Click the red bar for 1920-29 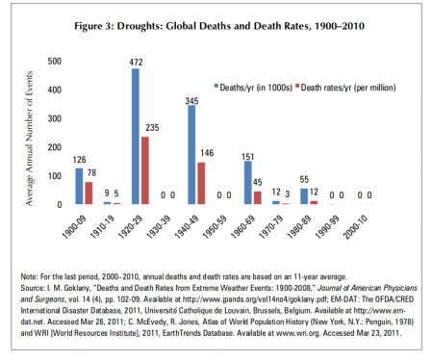coord(145,170)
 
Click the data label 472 coord(137,62)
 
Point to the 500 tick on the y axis coord(55,61)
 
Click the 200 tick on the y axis coord(55,147)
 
